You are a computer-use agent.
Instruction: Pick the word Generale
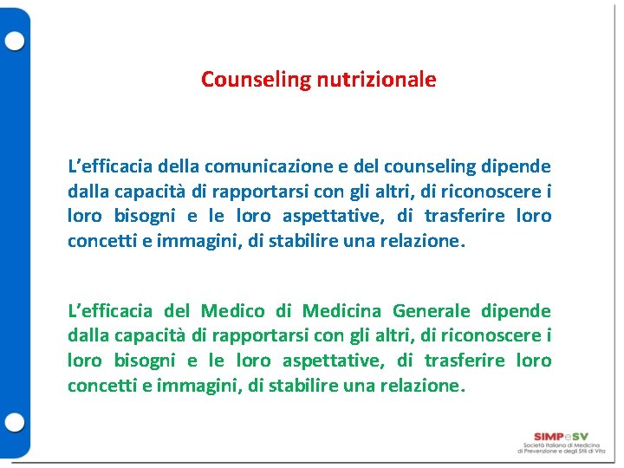tap(431, 311)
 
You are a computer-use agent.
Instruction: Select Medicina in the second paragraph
tap(337, 311)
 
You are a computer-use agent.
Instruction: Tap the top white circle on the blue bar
tap(15, 42)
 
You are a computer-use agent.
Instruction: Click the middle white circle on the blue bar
tap(15, 233)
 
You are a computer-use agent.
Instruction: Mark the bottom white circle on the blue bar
tap(15, 424)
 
